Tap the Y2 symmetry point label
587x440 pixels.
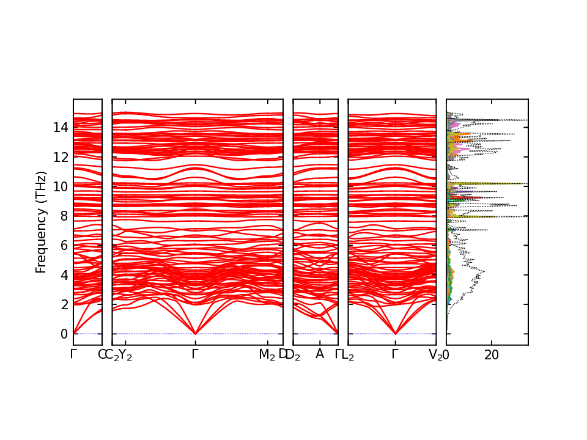(125, 354)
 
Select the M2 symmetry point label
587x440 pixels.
(267, 354)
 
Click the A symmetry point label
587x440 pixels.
(319, 354)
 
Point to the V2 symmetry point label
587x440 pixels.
(435, 354)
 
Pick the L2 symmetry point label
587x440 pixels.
(348, 354)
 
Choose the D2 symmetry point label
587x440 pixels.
(293, 354)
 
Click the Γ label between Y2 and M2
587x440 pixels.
(195, 354)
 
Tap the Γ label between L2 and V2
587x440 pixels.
(395, 354)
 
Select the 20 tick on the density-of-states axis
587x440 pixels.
(492, 354)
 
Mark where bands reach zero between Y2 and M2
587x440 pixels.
(195, 333)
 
